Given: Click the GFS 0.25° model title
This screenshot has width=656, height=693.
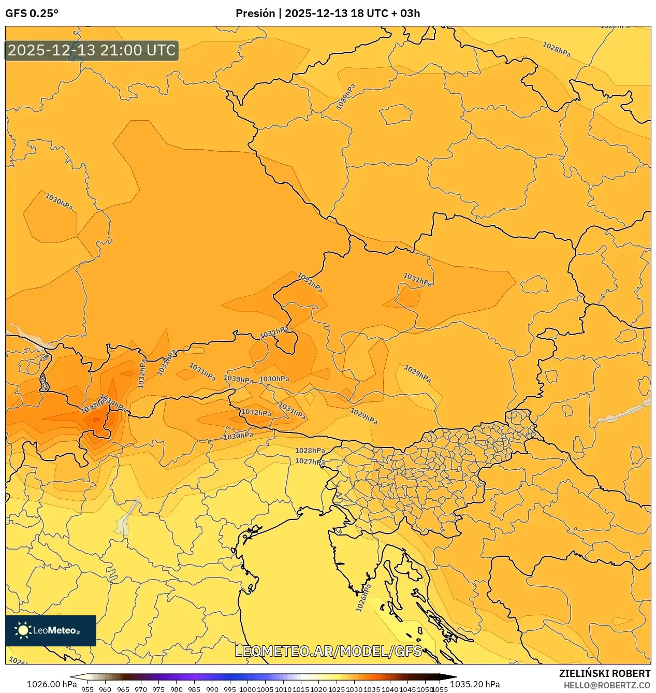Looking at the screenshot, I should coord(32,13).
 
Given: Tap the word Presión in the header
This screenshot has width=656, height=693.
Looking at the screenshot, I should coord(255,13).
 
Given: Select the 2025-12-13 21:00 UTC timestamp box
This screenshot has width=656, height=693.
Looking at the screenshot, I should coord(92,50).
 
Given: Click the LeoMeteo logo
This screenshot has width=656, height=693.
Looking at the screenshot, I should coord(51,630).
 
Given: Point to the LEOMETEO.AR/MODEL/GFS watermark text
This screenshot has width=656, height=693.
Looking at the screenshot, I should coord(328,651).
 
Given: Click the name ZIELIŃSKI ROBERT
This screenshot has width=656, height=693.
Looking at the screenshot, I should coord(604,673).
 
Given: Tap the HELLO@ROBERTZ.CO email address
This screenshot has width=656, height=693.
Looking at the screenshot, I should coord(606,685).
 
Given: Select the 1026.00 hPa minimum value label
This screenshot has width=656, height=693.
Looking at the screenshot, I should coord(52,684).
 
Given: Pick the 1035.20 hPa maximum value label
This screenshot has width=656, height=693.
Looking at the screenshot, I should coord(475,684).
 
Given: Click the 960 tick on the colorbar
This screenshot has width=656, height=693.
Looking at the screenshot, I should coord(105,689).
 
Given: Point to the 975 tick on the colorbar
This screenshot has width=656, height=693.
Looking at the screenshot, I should coord(158,689).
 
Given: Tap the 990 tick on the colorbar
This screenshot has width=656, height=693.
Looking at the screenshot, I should coord(212,689).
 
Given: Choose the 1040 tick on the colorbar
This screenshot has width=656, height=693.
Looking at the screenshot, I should coord(390,689).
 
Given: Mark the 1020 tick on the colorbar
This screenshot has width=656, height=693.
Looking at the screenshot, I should coord(318,689).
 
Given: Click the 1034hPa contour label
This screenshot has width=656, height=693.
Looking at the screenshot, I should coord(113,403).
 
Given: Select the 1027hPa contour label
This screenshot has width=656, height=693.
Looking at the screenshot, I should coord(310,461).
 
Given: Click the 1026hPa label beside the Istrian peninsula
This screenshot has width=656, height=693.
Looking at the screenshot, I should coord(363,598).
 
